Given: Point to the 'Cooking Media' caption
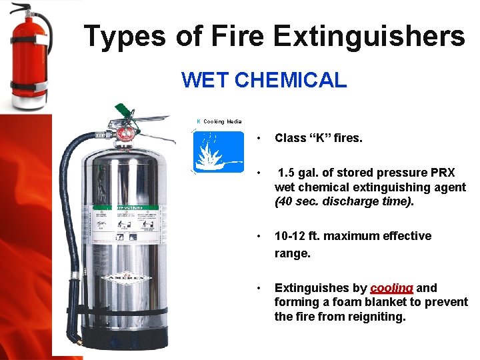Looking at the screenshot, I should tap(223, 121).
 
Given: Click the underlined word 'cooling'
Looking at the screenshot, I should tap(391, 288).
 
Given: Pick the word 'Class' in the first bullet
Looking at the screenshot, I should tap(291, 139).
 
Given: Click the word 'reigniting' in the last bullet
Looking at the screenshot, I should tap(375, 317).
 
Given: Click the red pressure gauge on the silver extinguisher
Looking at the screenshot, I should tap(125, 133).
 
